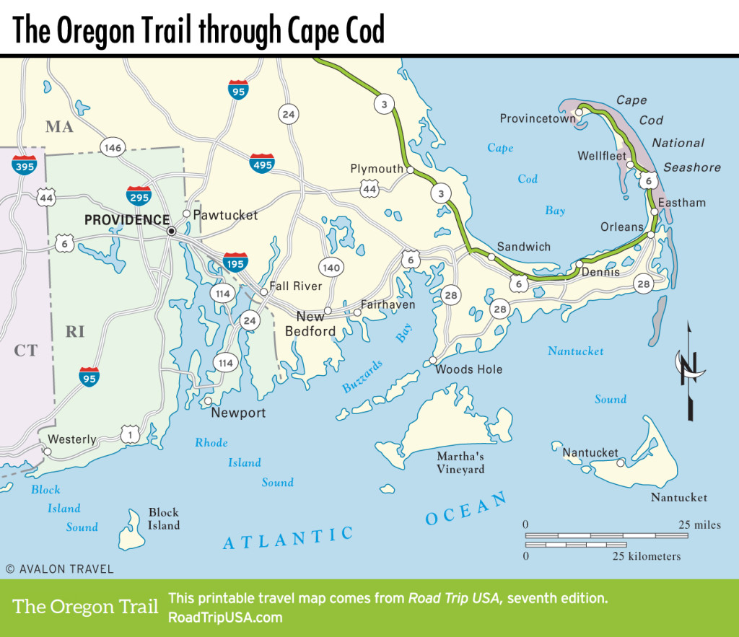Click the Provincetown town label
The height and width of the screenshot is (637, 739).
(x=538, y=118)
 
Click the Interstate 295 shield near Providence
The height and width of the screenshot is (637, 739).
(x=139, y=196)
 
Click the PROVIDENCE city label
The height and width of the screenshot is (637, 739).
(x=127, y=220)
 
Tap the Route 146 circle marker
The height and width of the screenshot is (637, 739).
(x=113, y=148)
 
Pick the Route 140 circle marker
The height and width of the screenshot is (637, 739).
(x=331, y=268)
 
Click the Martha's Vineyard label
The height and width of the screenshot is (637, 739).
(x=460, y=462)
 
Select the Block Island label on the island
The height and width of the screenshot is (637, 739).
(x=164, y=519)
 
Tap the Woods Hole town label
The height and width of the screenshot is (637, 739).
(x=468, y=369)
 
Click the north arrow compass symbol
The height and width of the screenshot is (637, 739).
(x=688, y=372)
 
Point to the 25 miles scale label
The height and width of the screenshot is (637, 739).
(x=699, y=524)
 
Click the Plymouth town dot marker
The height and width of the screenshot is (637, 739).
(x=410, y=171)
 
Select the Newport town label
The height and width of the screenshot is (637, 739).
(x=238, y=413)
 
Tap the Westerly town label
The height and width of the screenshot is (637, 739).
(x=71, y=439)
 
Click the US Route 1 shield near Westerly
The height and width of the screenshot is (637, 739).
(x=131, y=434)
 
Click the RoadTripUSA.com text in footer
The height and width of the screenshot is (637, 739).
(x=224, y=618)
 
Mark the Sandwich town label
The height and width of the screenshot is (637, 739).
(x=523, y=247)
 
